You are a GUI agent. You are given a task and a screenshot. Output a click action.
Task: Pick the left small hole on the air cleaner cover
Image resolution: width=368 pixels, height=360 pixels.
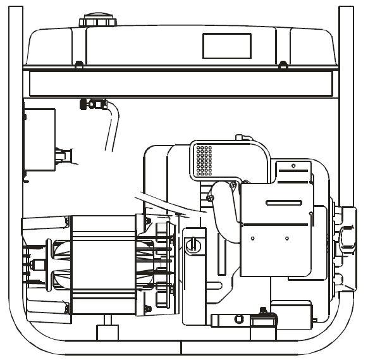[x=252, y=238]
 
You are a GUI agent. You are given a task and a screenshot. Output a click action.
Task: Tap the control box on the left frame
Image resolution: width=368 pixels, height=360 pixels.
[x=39, y=142]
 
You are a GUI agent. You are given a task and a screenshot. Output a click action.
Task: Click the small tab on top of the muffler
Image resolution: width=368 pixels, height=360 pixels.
[x=239, y=137]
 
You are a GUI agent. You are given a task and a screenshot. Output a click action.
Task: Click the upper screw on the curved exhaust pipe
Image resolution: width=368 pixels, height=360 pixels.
[x=233, y=185]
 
